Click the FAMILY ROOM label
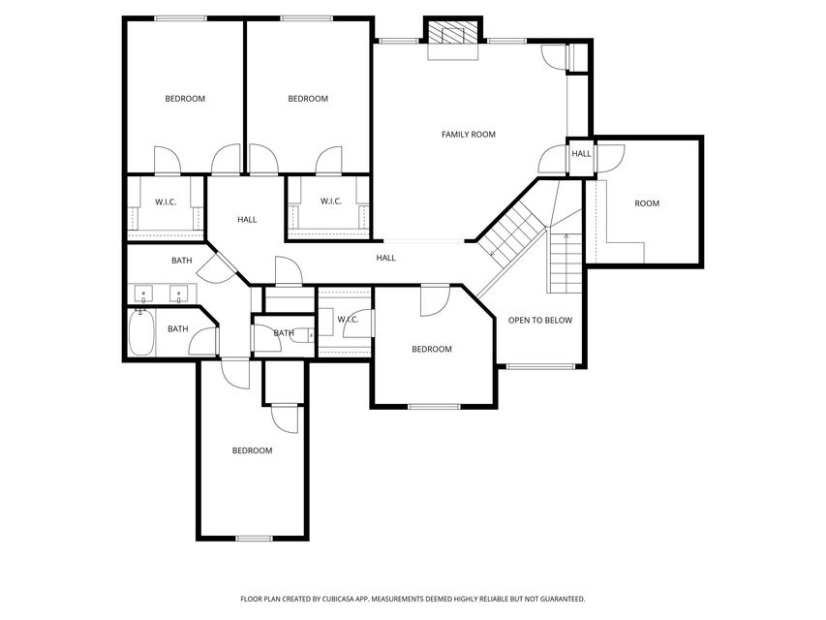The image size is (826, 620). pyautogui.click(x=469, y=135)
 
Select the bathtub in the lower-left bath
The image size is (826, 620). pyautogui.click(x=141, y=333)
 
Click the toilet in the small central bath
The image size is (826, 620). pyautogui.click(x=302, y=335)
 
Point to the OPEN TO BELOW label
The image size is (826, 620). pyautogui.click(x=540, y=320)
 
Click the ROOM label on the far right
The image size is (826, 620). pyautogui.click(x=646, y=203)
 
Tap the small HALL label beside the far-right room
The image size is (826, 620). pyautogui.click(x=581, y=154)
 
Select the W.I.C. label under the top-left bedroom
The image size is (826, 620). pyautogui.click(x=166, y=201)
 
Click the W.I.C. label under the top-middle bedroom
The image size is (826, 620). pyautogui.click(x=331, y=201)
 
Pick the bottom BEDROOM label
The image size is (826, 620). pyautogui.click(x=253, y=450)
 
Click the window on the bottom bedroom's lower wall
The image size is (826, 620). pyautogui.click(x=254, y=539)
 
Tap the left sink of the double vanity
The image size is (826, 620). pyautogui.click(x=143, y=294)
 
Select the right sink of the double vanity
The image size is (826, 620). pyautogui.click(x=178, y=294)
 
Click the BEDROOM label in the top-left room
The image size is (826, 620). pyautogui.click(x=185, y=99)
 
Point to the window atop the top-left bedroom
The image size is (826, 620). pyautogui.click(x=181, y=18)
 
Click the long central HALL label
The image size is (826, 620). pyautogui.click(x=385, y=258)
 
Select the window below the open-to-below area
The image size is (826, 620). pyautogui.click(x=540, y=366)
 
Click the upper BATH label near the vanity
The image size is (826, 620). pyautogui.click(x=182, y=261)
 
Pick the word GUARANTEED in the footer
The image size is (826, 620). pyautogui.click(x=566, y=599)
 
